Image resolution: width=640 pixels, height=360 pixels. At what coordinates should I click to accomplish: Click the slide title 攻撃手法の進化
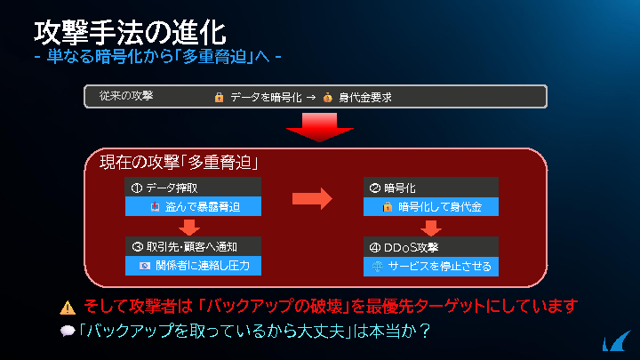coord(130,33)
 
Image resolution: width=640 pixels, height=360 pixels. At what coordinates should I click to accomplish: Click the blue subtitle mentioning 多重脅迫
coord(158,56)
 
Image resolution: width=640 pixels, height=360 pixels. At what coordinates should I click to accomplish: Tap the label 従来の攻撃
coord(126,96)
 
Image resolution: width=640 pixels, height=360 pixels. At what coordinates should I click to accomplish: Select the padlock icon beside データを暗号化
coord(220,98)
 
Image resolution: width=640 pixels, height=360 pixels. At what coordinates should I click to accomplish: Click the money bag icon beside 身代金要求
coord(327,98)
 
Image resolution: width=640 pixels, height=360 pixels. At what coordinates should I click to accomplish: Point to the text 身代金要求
coord(365,98)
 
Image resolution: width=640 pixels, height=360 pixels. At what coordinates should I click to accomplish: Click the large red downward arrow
coord(320,127)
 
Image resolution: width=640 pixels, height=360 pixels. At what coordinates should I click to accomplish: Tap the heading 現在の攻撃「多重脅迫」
coord(180,163)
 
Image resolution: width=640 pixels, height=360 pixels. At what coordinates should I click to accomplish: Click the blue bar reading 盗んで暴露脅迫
coord(193,206)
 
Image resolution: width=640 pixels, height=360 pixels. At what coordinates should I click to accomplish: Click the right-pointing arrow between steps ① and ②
coord(312,199)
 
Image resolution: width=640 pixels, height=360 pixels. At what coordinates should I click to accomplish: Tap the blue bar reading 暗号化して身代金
coord(431,206)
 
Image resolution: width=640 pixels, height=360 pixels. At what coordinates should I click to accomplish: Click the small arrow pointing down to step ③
coord(189,228)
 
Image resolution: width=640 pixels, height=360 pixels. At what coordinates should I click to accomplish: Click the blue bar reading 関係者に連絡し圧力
coord(193,266)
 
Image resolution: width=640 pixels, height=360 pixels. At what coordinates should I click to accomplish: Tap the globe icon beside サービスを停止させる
coord(378,267)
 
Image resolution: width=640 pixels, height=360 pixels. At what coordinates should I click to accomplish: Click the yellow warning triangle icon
coord(68,308)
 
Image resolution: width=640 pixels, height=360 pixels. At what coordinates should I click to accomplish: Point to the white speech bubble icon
coord(68,331)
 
